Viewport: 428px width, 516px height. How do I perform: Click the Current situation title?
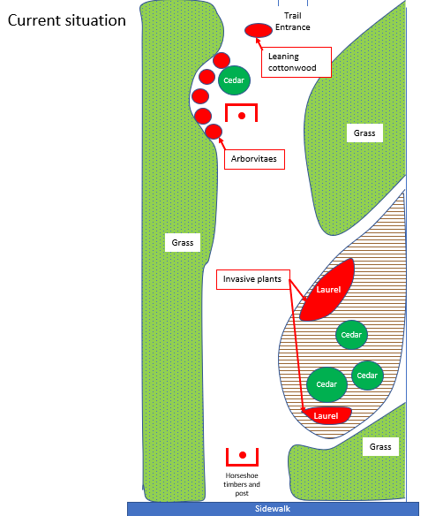[67, 20]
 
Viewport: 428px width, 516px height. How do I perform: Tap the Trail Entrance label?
[293, 21]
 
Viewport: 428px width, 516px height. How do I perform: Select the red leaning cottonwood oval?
[259, 30]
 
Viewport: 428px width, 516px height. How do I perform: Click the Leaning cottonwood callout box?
[297, 62]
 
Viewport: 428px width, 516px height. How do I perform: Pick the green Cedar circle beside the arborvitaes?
[234, 80]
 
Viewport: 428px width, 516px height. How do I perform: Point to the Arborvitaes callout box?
[254, 159]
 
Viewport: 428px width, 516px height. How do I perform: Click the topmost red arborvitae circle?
[222, 61]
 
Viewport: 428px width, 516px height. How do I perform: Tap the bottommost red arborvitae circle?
[214, 132]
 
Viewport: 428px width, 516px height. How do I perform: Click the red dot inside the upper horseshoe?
[242, 116]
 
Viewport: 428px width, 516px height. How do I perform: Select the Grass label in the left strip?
[183, 242]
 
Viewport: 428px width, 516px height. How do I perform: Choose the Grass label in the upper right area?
[364, 133]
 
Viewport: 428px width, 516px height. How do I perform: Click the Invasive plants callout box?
[252, 279]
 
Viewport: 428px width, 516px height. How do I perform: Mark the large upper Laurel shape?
[327, 290]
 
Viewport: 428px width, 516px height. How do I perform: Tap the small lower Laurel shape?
[327, 415]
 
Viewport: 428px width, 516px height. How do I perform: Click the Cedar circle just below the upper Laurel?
[351, 335]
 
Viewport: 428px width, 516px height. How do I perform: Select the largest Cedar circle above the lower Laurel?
[327, 384]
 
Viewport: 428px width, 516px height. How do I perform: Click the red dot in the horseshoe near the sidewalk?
[243, 455]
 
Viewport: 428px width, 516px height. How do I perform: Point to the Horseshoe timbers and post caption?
[242, 484]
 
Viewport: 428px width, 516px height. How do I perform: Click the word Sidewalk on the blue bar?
[273, 509]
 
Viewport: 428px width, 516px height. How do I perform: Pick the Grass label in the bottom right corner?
[380, 446]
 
